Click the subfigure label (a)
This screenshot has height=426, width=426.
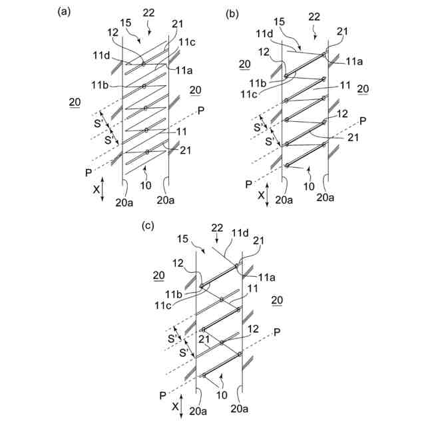click(64, 11)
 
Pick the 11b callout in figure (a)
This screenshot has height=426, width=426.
click(101, 86)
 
